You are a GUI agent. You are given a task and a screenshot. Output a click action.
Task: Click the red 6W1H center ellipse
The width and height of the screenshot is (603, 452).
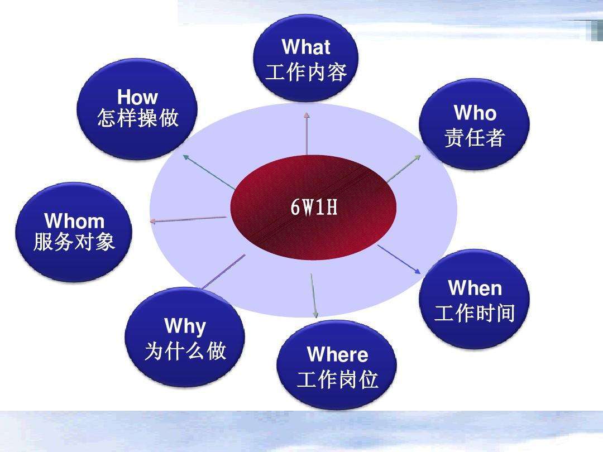click(x=313, y=208)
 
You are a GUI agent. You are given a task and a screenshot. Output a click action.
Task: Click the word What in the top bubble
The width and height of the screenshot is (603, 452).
click(x=306, y=47)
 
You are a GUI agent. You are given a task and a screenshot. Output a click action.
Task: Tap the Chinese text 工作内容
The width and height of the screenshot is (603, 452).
click(x=306, y=73)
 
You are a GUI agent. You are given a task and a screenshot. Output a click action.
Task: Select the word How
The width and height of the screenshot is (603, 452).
click(x=137, y=97)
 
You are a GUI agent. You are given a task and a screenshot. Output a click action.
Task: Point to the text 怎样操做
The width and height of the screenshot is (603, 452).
click(x=137, y=118)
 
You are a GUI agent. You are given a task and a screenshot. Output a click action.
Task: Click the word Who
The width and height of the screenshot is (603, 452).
click(x=475, y=113)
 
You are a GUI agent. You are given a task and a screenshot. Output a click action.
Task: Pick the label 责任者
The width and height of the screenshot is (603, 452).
click(x=475, y=137)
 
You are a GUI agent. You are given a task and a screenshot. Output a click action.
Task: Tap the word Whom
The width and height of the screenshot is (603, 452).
click(x=74, y=220)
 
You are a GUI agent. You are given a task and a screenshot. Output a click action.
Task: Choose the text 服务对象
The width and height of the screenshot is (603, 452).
click(x=74, y=242)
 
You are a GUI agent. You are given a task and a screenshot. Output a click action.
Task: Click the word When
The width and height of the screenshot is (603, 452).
click(x=475, y=288)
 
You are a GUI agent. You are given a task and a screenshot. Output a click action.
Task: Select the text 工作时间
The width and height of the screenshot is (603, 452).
click(x=475, y=313)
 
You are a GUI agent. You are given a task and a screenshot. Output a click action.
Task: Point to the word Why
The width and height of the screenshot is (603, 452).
click(x=185, y=326)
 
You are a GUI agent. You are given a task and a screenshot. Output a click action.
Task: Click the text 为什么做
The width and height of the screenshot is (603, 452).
click(x=185, y=351)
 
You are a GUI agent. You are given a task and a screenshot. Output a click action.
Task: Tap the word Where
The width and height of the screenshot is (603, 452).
click(x=337, y=355)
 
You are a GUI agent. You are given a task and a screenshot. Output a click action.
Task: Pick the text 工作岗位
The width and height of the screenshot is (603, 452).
click(x=337, y=381)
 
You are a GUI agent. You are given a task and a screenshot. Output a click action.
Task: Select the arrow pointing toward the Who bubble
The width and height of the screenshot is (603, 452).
click(x=403, y=168)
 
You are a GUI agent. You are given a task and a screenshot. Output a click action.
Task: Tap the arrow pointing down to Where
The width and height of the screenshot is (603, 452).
click(x=314, y=296)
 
